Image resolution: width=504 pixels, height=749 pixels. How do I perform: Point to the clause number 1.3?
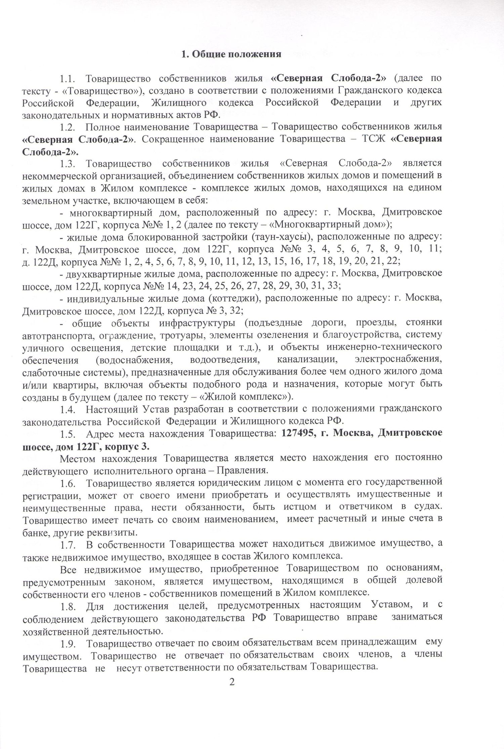[69, 163]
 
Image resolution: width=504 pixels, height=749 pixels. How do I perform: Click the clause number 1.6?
[69, 483]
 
